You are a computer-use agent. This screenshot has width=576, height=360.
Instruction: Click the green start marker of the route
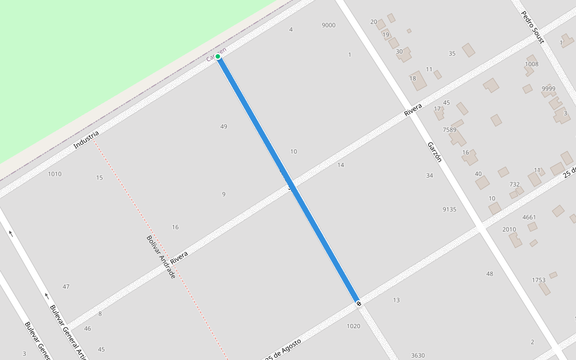coord(218,57)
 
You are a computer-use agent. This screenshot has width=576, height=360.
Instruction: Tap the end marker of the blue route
coord(359,304)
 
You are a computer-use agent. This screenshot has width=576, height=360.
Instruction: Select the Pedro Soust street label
coord(532,28)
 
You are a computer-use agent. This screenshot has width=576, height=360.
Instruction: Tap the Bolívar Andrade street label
coord(161,256)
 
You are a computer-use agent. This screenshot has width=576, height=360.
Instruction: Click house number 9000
coord(328,25)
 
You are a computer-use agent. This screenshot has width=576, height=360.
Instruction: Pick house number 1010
coord(55,174)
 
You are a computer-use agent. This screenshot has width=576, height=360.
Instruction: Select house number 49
coord(224,127)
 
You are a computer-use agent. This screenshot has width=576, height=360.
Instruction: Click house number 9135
coord(449,209)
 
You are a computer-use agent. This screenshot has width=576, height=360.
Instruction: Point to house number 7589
coord(449,130)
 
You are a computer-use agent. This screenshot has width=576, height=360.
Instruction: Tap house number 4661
coord(529,217)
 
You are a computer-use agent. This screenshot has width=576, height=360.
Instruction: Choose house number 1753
coord(538,280)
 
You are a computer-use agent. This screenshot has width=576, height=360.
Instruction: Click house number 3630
coord(418,355)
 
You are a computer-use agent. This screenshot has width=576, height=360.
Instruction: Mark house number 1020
coord(353,326)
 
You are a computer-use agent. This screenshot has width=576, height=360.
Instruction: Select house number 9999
coord(548,89)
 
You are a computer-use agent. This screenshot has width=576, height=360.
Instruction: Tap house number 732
coord(514,184)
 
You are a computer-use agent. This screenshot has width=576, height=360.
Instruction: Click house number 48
coord(490,274)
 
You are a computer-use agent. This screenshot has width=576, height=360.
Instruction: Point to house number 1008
coord(532,64)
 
